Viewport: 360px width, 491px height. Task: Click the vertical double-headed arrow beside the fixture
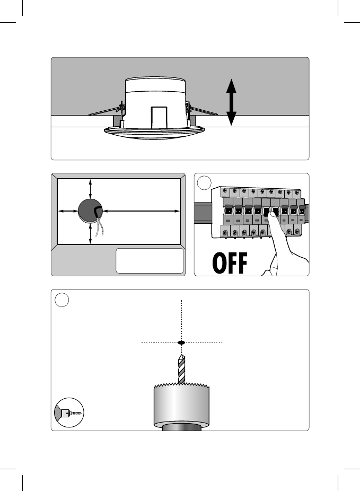pyautogui.click(x=231, y=102)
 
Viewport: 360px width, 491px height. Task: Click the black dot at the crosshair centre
pyautogui.click(x=181, y=343)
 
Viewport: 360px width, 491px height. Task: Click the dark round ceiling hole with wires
pyautogui.click(x=88, y=211)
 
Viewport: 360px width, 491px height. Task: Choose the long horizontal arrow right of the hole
pyautogui.click(x=139, y=211)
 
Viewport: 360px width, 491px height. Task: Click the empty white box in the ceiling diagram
pyautogui.click(x=150, y=260)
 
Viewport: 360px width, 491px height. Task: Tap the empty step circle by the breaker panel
pyautogui.click(x=204, y=183)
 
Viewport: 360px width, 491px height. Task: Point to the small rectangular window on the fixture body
pyautogui.click(x=159, y=116)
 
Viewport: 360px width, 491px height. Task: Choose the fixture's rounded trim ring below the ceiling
pyautogui.click(x=154, y=133)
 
